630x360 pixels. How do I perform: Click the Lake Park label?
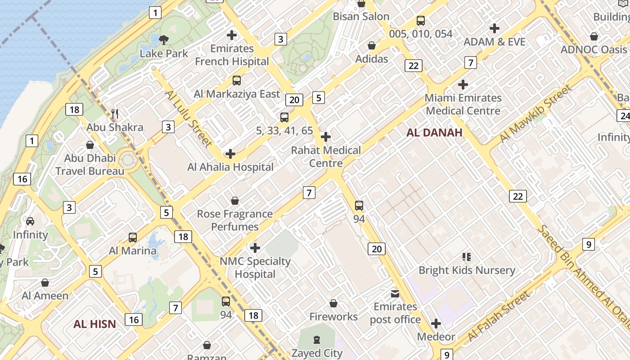[x=164, y=53]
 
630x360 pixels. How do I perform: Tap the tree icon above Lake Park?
[x=164, y=40]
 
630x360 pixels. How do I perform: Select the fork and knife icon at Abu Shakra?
[x=115, y=114]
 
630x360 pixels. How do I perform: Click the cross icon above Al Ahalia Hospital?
[x=230, y=154]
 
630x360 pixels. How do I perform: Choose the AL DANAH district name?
[x=434, y=132]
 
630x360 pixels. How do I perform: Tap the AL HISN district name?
[x=95, y=324]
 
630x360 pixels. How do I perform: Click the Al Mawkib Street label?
[x=535, y=114]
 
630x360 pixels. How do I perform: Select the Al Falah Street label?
[x=499, y=315]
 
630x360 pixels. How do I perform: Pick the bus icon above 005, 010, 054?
[x=421, y=20]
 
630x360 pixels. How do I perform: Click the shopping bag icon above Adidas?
[x=372, y=45]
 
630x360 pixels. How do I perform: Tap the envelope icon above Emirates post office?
[x=395, y=294]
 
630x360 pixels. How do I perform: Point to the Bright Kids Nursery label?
[x=467, y=270]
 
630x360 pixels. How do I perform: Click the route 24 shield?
[x=624, y=116]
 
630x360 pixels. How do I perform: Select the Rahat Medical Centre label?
[x=326, y=157]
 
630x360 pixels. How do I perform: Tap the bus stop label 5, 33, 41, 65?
[x=284, y=130]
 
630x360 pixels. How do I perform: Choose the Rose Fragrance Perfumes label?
[x=235, y=220]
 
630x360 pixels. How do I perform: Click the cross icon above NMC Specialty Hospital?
[x=255, y=248]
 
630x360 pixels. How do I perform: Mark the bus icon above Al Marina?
[x=133, y=237]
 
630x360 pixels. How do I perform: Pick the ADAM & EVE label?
[x=495, y=42]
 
